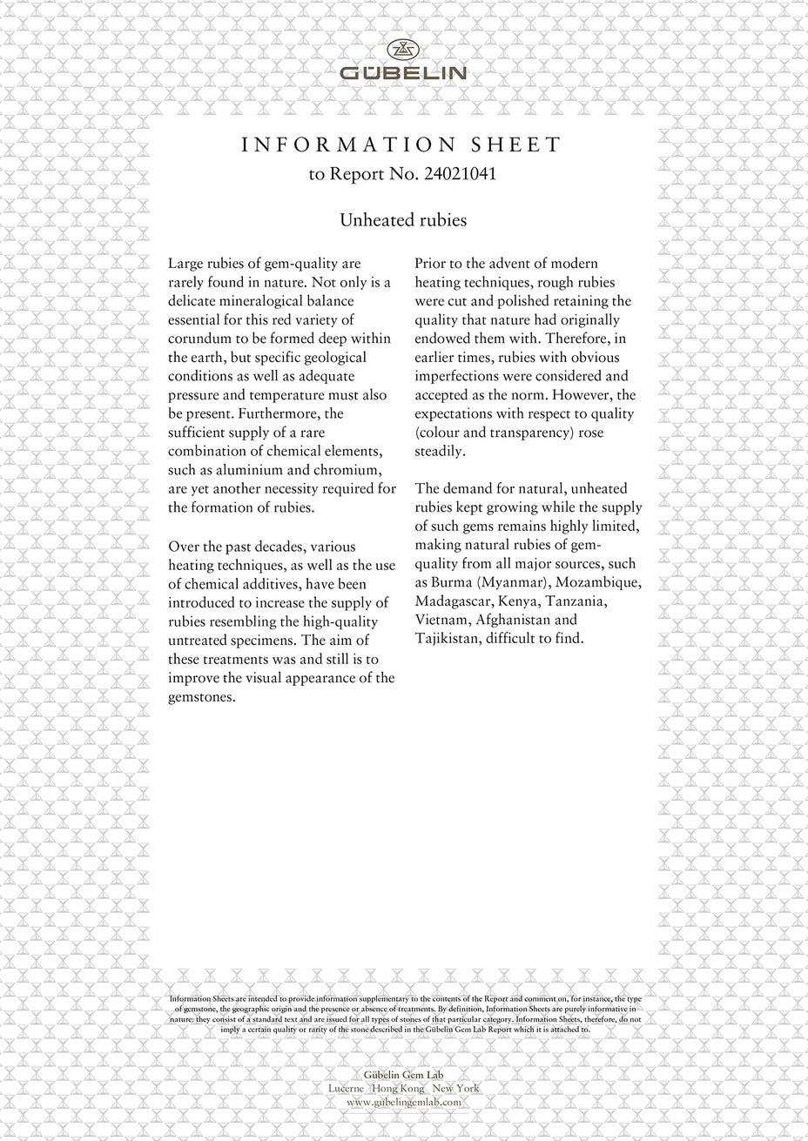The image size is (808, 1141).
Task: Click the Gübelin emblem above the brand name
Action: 403,50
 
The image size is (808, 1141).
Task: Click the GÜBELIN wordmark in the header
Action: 403,74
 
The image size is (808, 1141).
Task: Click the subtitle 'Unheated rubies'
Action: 403,220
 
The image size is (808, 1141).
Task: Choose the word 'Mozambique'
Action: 601,582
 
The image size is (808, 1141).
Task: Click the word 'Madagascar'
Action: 453,601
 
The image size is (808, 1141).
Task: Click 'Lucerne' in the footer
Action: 347,1089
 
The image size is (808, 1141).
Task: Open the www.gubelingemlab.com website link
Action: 403,1102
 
